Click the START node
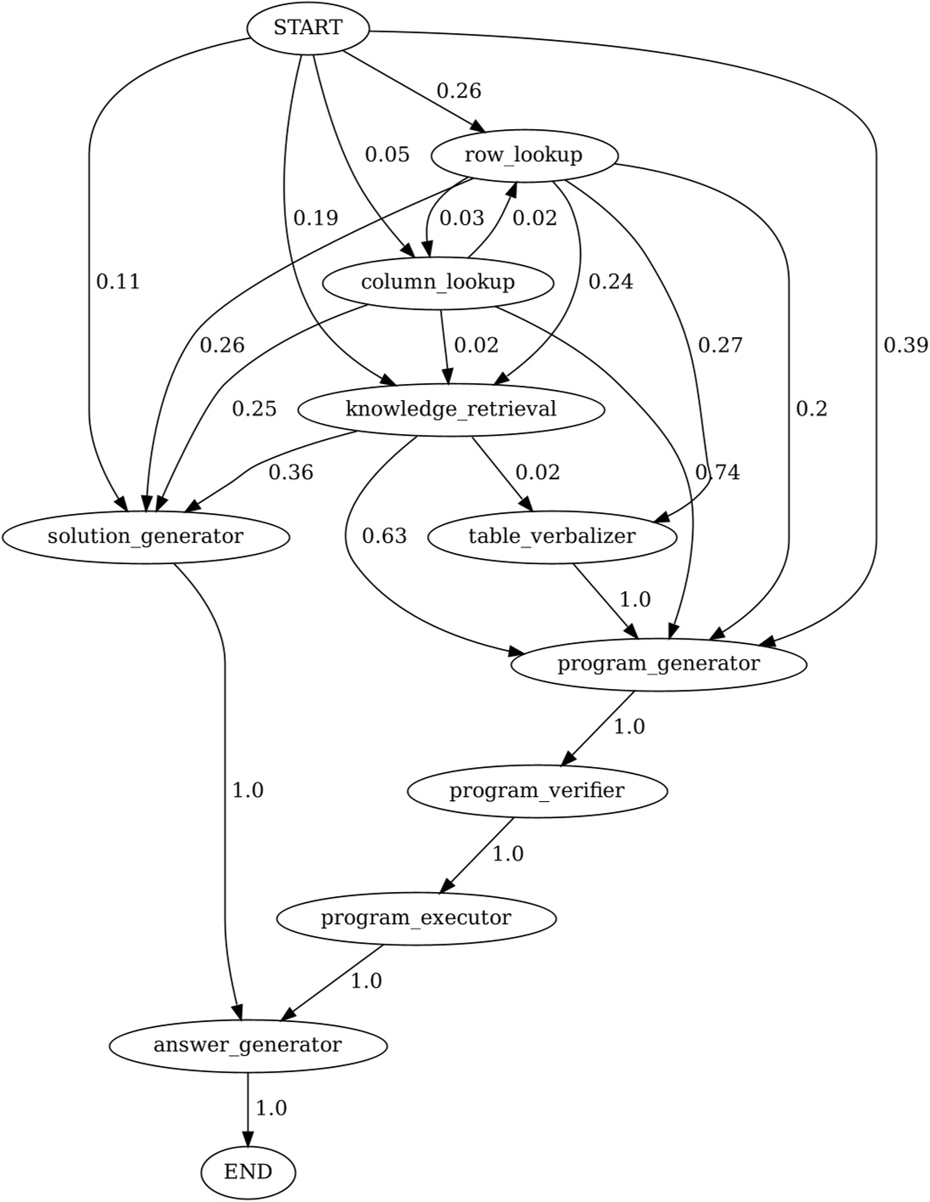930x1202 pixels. point(307,28)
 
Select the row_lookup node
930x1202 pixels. point(524,155)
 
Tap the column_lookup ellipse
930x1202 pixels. point(437,282)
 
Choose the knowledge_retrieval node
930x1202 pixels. point(451,409)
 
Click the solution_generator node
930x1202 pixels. point(145,537)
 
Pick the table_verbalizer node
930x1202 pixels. point(552,537)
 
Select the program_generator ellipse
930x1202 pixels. point(658,663)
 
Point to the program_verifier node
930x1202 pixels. point(537,791)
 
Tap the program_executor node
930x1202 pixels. point(416,918)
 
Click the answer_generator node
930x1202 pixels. point(247,1045)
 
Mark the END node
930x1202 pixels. point(248,1172)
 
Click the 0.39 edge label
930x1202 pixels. point(905,346)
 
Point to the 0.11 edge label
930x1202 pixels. point(117,282)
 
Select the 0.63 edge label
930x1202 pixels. point(384,536)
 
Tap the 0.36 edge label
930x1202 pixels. point(290,472)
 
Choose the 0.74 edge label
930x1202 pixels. point(718,472)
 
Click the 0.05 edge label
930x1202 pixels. point(387,155)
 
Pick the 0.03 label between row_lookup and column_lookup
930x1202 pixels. point(461,218)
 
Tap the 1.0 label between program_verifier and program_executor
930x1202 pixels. point(508,854)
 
